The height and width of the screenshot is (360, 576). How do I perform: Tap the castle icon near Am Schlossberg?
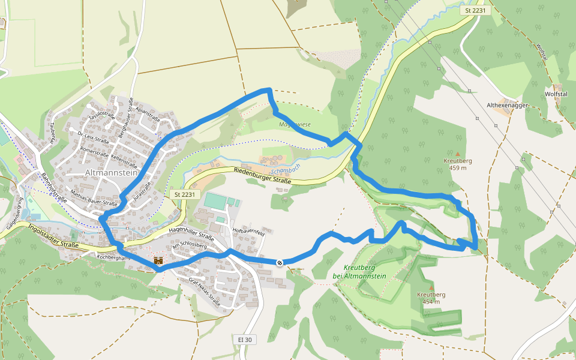(x=158, y=260)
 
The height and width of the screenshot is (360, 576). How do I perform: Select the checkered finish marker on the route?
(x=280, y=262)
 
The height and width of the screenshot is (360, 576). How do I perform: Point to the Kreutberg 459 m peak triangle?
(x=458, y=154)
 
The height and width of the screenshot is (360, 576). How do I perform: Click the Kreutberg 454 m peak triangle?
(x=430, y=288)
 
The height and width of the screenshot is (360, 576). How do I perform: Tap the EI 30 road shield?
(x=244, y=340)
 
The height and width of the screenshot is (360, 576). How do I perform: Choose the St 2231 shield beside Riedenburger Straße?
(x=185, y=194)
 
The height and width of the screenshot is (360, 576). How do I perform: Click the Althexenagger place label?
(x=506, y=105)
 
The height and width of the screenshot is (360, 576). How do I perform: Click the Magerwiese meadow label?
(x=294, y=125)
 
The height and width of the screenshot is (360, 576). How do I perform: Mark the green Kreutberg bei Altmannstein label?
(x=359, y=272)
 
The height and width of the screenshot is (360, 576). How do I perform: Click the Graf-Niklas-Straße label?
(x=204, y=292)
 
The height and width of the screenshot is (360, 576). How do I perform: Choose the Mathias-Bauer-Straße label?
(x=94, y=199)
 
